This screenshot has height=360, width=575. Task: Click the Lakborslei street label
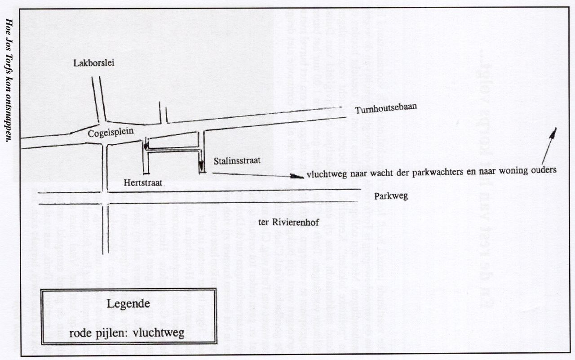tap(94, 63)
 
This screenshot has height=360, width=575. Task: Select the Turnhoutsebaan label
tap(385, 108)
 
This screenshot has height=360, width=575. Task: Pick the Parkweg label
tap(391, 196)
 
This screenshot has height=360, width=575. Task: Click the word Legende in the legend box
tap(128, 303)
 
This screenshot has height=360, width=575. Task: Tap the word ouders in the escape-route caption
tap(544, 170)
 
